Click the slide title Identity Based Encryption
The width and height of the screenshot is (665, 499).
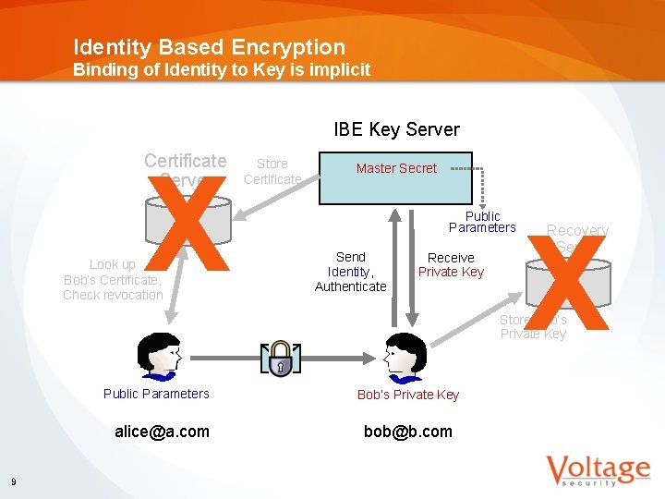[x=209, y=47]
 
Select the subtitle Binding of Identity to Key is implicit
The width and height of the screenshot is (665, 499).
[x=222, y=70]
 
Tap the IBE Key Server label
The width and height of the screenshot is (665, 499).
[x=396, y=129]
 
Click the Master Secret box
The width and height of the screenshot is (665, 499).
[x=396, y=177]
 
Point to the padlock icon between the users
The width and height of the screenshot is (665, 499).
[x=281, y=359]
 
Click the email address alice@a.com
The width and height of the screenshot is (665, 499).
[x=162, y=432]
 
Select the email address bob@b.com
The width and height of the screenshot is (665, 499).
[x=408, y=432]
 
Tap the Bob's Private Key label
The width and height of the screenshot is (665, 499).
[x=408, y=395]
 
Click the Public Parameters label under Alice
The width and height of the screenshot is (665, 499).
[x=156, y=394]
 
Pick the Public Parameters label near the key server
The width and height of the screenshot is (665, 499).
[x=482, y=222]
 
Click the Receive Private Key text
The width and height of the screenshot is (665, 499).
[x=451, y=264]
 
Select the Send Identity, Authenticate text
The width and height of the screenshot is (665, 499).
[x=351, y=272]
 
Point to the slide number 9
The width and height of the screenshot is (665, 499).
[x=13, y=481]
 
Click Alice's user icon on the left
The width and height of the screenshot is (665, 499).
[x=156, y=357]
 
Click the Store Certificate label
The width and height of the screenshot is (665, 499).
[x=272, y=171]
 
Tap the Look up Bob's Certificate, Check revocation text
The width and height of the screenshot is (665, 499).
[x=113, y=280]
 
